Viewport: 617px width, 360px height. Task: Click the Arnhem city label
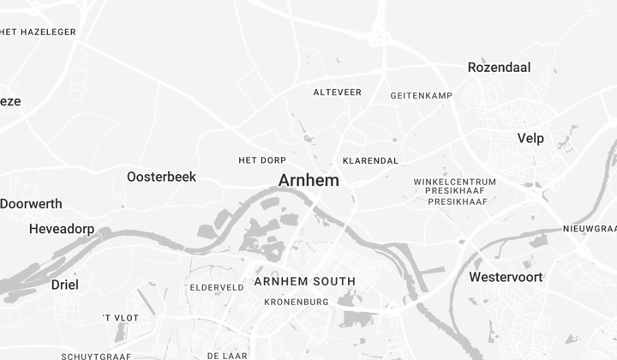pos(308,180)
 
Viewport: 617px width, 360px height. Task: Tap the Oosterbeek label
pos(161,177)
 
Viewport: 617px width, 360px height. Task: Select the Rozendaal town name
pos(499,67)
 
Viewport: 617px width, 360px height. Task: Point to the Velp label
pos(530,138)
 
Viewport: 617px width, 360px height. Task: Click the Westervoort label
pos(506,277)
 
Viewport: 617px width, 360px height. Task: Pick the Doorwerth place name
pos(31,203)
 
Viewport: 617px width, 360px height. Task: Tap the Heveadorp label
pos(62,229)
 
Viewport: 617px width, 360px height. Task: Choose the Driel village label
pos(64,285)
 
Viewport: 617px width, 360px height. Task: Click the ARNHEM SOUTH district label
pos(304,281)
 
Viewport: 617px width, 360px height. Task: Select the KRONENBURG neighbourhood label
pos(297,302)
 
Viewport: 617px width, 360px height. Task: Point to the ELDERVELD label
pos(217,287)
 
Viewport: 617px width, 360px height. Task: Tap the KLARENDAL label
pos(370,160)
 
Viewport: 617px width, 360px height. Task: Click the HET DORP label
pos(262,160)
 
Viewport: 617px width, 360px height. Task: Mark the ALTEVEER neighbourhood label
pos(337,92)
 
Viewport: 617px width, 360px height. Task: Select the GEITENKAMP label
pos(421,95)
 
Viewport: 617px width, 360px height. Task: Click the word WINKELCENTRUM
pos(454,182)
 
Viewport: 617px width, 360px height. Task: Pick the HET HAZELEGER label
pos(39,32)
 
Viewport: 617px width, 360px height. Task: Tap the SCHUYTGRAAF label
pos(96,356)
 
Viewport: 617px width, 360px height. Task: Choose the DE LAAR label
pos(227,355)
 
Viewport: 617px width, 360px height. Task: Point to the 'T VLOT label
pos(120,318)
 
